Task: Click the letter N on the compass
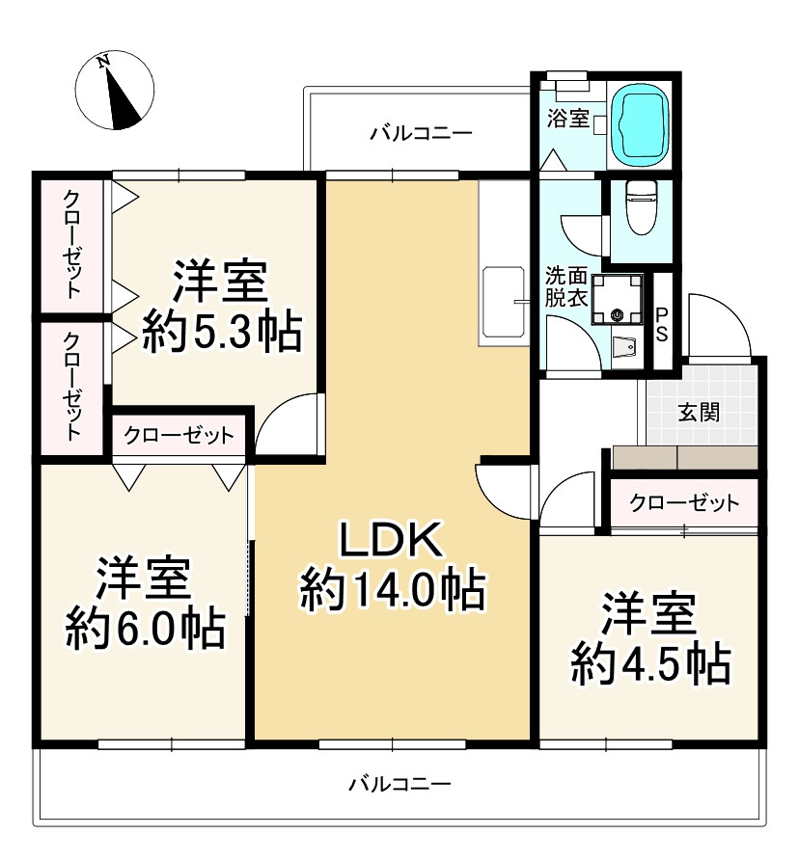pyautogui.click(x=103, y=61)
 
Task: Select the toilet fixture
pyautogui.click(x=642, y=207)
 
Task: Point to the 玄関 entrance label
pyautogui.click(x=699, y=413)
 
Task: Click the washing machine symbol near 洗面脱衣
pyautogui.click(x=617, y=299)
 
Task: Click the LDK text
pyautogui.click(x=392, y=541)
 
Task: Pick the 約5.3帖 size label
pyautogui.click(x=222, y=332)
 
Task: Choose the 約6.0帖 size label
pyautogui.click(x=146, y=629)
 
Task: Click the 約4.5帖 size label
pyautogui.click(x=651, y=664)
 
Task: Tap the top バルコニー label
pyautogui.click(x=421, y=134)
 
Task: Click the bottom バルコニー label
pyautogui.click(x=400, y=783)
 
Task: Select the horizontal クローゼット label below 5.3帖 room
pyautogui.click(x=179, y=436)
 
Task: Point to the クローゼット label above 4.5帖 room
pyautogui.click(x=684, y=502)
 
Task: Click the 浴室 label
pyautogui.click(x=567, y=119)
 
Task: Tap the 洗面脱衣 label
pyautogui.click(x=566, y=286)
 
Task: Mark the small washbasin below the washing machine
pyautogui.click(x=625, y=347)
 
